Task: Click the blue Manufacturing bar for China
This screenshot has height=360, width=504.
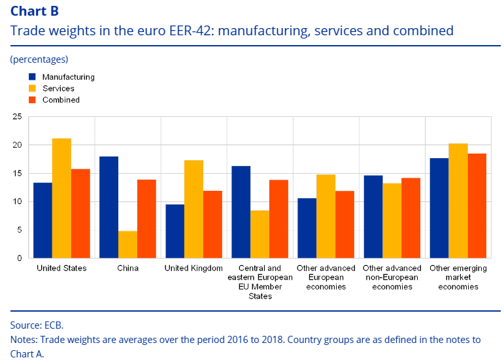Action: tap(109, 207)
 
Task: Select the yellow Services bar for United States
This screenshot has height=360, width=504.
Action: tap(62, 198)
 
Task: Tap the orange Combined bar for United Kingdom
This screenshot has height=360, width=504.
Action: tap(213, 224)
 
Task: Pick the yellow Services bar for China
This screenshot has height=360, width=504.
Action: tap(127, 244)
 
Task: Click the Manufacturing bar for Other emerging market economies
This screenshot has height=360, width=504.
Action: tap(438, 208)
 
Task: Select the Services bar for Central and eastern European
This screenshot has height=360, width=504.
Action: tap(260, 234)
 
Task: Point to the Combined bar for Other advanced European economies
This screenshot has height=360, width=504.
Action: tap(345, 224)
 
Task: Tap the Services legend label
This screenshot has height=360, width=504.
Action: tap(58, 88)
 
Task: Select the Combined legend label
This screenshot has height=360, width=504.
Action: tap(61, 100)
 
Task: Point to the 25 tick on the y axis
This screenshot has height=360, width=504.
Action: tap(16, 117)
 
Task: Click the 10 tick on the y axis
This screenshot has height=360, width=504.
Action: tap(16, 201)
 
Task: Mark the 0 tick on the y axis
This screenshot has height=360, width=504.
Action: tap(19, 258)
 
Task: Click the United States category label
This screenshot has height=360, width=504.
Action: tap(61, 268)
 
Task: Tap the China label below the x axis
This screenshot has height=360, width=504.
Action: tap(127, 268)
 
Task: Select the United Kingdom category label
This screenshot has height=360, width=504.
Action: tap(193, 268)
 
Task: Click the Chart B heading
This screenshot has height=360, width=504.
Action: tap(35, 11)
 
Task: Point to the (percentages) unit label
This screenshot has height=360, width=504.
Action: tap(39, 59)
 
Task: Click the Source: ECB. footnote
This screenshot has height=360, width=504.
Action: tap(37, 325)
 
